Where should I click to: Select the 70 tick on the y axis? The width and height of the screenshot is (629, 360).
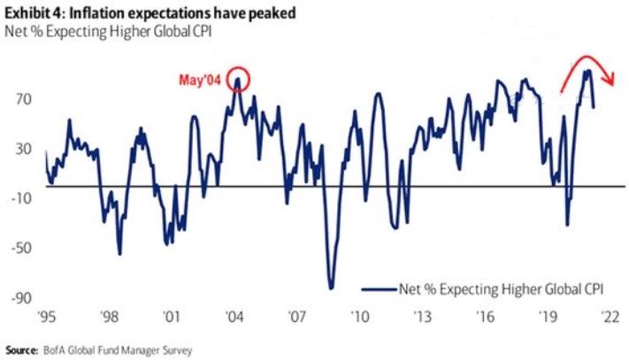pos(23,99)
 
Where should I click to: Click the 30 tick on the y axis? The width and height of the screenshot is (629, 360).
pos(23,148)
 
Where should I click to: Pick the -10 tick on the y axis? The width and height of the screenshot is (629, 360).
pos(21,198)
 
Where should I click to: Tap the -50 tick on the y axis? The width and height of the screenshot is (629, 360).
pos(21,249)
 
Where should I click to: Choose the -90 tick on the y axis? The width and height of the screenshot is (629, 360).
pos(21,298)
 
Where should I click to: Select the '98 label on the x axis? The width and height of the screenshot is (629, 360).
pos(109,316)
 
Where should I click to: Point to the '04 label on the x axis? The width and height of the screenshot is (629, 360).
pos(234,316)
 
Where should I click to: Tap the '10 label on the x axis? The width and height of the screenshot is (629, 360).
pos(359,316)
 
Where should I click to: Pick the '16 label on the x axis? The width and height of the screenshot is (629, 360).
pos(485,316)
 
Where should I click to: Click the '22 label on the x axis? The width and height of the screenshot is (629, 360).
pos(610,316)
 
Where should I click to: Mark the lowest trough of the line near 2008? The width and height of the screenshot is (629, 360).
pos(331,287)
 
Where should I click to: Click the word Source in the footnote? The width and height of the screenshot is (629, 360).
pos(19,349)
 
